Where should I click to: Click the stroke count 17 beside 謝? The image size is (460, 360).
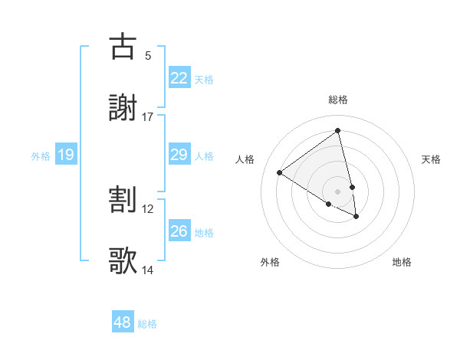(148, 116)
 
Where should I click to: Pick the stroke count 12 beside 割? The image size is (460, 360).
(148, 208)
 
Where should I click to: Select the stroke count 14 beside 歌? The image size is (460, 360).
(148, 270)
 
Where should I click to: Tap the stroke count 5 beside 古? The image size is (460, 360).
(148, 55)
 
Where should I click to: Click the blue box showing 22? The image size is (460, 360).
(179, 78)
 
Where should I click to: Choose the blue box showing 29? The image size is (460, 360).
(179, 155)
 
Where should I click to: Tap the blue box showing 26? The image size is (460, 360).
(179, 231)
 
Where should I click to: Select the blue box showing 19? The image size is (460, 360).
(66, 155)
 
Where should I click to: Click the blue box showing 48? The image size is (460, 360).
(123, 322)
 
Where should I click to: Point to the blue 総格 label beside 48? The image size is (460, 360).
(147, 324)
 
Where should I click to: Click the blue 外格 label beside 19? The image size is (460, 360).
(41, 156)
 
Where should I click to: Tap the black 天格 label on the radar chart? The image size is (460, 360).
(431, 159)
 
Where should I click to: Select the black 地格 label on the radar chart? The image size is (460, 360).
(402, 262)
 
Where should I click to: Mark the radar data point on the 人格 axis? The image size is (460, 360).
(280, 173)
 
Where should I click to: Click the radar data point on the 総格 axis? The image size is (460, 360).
(338, 131)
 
